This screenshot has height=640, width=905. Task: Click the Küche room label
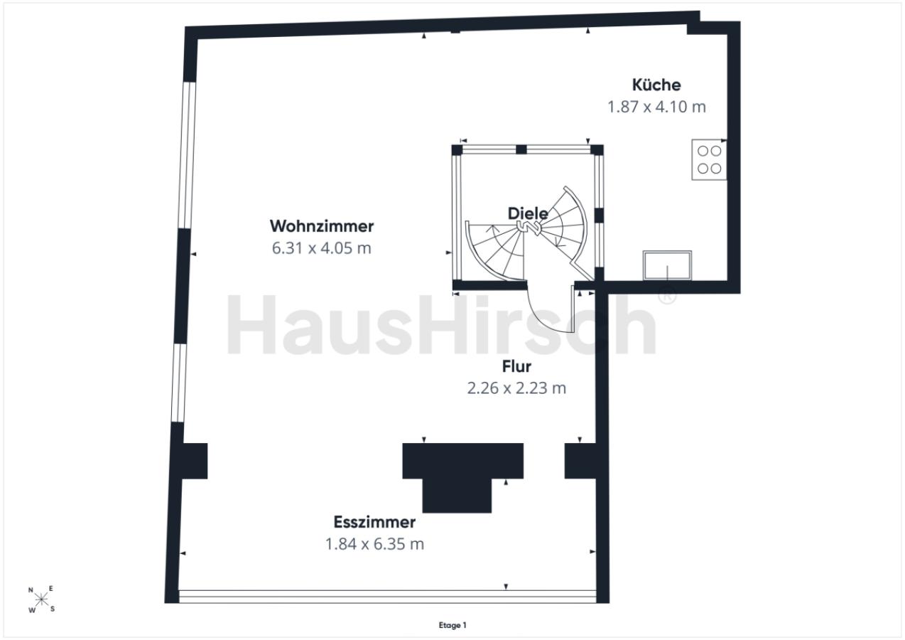(x=656, y=85)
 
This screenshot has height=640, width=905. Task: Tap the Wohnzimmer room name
(x=322, y=226)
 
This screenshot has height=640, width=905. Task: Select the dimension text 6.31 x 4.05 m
(x=322, y=248)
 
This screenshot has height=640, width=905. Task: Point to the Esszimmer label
(x=374, y=522)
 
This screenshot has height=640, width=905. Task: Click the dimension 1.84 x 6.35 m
(x=374, y=544)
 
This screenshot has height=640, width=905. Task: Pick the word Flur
(x=516, y=366)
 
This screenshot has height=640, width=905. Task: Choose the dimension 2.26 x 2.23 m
(x=516, y=388)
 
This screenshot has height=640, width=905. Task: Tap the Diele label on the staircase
(x=528, y=213)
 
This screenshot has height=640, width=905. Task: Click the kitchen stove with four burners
(x=709, y=159)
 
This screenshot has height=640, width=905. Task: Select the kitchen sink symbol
(x=667, y=265)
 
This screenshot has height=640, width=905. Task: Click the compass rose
(x=41, y=599)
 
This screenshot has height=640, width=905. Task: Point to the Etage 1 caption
(x=453, y=625)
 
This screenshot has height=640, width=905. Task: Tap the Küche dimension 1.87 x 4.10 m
(x=656, y=107)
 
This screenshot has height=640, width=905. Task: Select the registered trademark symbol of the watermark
(x=667, y=295)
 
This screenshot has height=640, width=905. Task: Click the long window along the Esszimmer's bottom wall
(x=387, y=597)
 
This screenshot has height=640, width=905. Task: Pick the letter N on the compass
(x=31, y=590)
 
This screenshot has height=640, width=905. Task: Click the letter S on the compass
(x=53, y=609)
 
